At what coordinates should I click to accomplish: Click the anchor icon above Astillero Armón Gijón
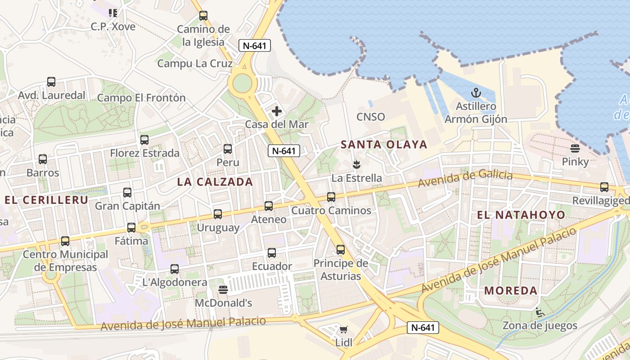click(x=476, y=93)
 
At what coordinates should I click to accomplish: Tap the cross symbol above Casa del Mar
click(x=277, y=111)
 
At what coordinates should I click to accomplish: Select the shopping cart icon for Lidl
click(x=344, y=330)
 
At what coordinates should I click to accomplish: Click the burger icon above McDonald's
click(x=223, y=289)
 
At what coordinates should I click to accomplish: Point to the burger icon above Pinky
click(x=575, y=148)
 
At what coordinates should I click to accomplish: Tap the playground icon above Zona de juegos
click(x=540, y=312)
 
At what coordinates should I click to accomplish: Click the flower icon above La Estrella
click(x=356, y=164)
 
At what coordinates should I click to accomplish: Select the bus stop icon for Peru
click(x=228, y=149)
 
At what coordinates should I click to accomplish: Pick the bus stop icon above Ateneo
click(x=269, y=206)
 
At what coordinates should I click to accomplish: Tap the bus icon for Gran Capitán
click(x=127, y=193)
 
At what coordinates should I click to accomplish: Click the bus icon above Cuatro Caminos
click(x=331, y=197)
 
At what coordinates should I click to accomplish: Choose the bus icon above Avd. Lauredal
click(x=51, y=82)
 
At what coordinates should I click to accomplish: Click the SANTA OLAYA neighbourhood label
click(x=384, y=144)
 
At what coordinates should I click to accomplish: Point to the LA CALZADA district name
click(x=215, y=182)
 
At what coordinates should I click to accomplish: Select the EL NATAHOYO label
click(x=521, y=215)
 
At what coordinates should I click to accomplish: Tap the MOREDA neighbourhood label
click(x=511, y=291)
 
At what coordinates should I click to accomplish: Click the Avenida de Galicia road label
click(x=465, y=179)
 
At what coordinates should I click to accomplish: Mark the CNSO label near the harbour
click(x=371, y=117)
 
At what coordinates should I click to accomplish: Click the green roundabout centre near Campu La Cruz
click(x=243, y=82)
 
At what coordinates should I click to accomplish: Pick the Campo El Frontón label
click(x=141, y=98)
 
